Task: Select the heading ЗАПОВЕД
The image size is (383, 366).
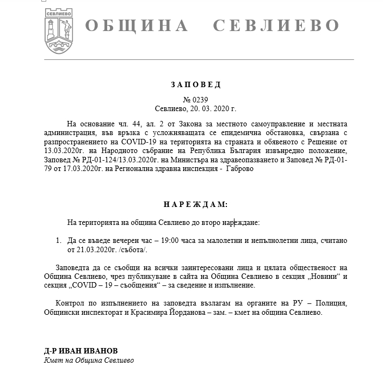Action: coord(195,85)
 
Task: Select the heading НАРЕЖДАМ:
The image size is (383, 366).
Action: coord(195,204)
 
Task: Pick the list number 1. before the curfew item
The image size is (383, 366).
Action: coord(59,240)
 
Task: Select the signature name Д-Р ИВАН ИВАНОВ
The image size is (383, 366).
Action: coord(81,350)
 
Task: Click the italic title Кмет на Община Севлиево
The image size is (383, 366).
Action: coord(89,360)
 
